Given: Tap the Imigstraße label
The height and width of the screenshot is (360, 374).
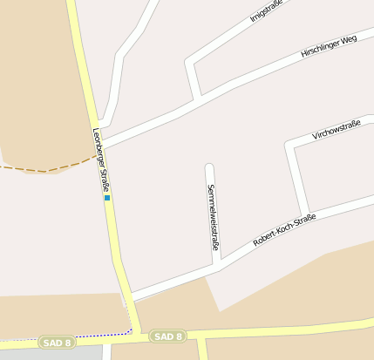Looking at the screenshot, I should pyautogui.click(x=266, y=10).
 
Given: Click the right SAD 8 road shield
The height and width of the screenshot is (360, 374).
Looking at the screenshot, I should pyautogui.click(x=167, y=336).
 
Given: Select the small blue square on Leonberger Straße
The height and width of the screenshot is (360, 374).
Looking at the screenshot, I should pyautogui.click(x=107, y=198).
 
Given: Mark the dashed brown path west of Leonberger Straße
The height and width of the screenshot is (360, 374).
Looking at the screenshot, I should pyautogui.click(x=44, y=168).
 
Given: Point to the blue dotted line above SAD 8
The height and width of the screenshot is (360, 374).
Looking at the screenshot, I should pyautogui.click(x=70, y=336).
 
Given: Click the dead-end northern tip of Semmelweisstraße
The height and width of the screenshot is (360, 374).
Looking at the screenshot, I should pyautogui.click(x=209, y=166).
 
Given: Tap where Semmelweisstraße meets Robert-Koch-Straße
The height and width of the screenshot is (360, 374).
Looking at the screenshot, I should pyautogui.click(x=217, y=262).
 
